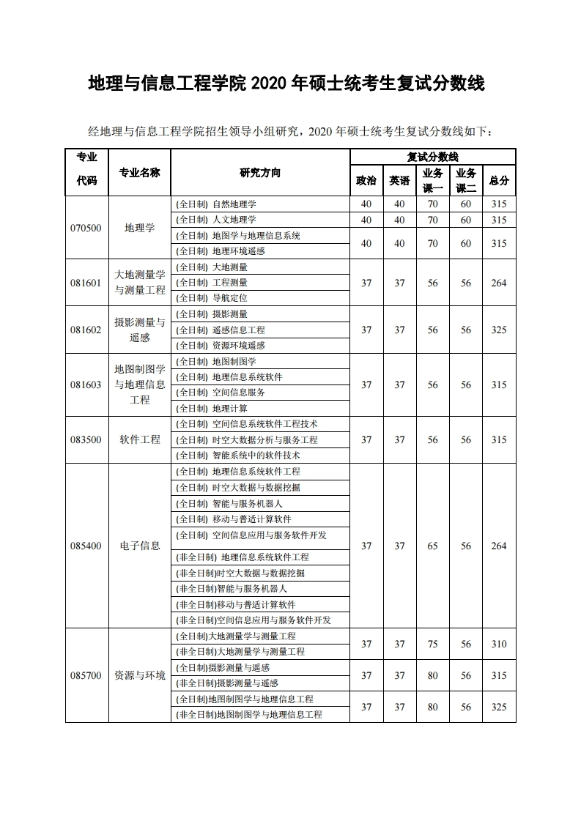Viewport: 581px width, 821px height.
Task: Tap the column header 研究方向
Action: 259,173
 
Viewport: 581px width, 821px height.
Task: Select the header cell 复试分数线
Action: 432,157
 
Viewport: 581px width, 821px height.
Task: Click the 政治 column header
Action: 366,181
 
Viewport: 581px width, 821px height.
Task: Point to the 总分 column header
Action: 499,181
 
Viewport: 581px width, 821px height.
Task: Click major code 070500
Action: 86,228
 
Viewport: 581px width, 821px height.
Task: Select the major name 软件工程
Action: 140,439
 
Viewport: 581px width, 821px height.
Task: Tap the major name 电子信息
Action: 140,546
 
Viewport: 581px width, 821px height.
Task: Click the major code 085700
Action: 86,675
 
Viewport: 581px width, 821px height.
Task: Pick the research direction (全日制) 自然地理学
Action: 216,204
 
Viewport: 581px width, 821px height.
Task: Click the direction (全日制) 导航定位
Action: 212,298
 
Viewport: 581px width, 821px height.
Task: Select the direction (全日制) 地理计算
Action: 212,408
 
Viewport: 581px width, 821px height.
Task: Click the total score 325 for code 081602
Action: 499,330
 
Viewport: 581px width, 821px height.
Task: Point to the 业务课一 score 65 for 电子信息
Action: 433,546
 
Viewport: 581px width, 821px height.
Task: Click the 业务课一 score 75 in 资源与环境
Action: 433,644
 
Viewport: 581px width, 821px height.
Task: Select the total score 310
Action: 499,644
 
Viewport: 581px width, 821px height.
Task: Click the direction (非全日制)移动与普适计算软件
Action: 236,604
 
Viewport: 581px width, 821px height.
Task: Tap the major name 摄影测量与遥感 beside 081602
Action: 140,330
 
